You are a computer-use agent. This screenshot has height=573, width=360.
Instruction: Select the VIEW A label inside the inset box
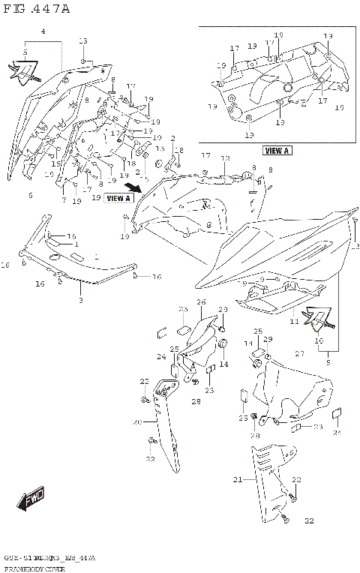(x=277, y=151)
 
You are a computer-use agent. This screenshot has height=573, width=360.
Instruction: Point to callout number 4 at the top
(x=43, y=31)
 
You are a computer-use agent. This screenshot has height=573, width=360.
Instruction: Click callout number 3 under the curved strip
(x=80, y=300)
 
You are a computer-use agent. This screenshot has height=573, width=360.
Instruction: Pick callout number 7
(x=64, y=200)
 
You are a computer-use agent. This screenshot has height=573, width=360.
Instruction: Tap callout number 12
(x=225, y=159)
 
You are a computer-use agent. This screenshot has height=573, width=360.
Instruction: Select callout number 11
(x=295, y=322)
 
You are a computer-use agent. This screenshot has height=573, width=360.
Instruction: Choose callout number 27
(x=301, y=353)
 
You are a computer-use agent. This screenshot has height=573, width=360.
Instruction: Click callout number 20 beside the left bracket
(x=137, y=422)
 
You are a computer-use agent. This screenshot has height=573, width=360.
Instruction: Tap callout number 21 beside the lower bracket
(x=238, y=479)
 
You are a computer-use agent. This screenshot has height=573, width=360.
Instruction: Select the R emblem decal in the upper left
(x=22, y=71)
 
